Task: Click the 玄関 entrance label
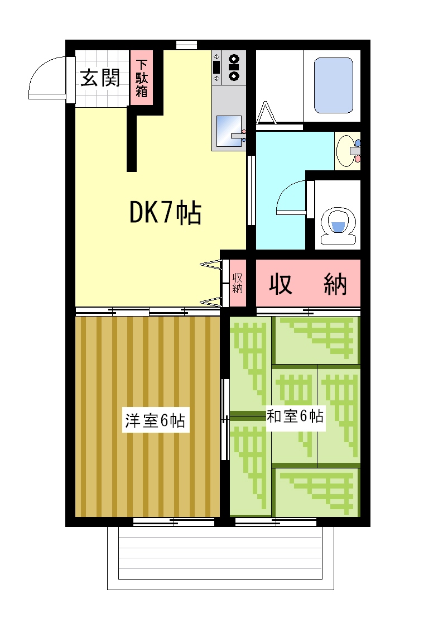(x=100, y=78)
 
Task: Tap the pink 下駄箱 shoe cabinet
(x=142, y=78)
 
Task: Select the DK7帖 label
(x=165, y=213)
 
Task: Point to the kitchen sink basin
(x=229, y=131)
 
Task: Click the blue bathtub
(x=333, y=85)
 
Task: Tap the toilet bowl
(x=338, y=226)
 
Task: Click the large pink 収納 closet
(x=308, y=283)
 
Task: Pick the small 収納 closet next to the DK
(x=238, y=283)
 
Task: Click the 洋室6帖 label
(x=155, y=420)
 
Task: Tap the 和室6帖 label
(x=295, y=417)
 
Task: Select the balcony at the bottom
(x=220, y=558)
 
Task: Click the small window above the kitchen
(x=186, y=44)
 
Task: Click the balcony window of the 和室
(x=276, y=521)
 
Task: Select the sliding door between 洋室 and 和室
(x=225, y=419)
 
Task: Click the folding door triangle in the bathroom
(x=266, y=113)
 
